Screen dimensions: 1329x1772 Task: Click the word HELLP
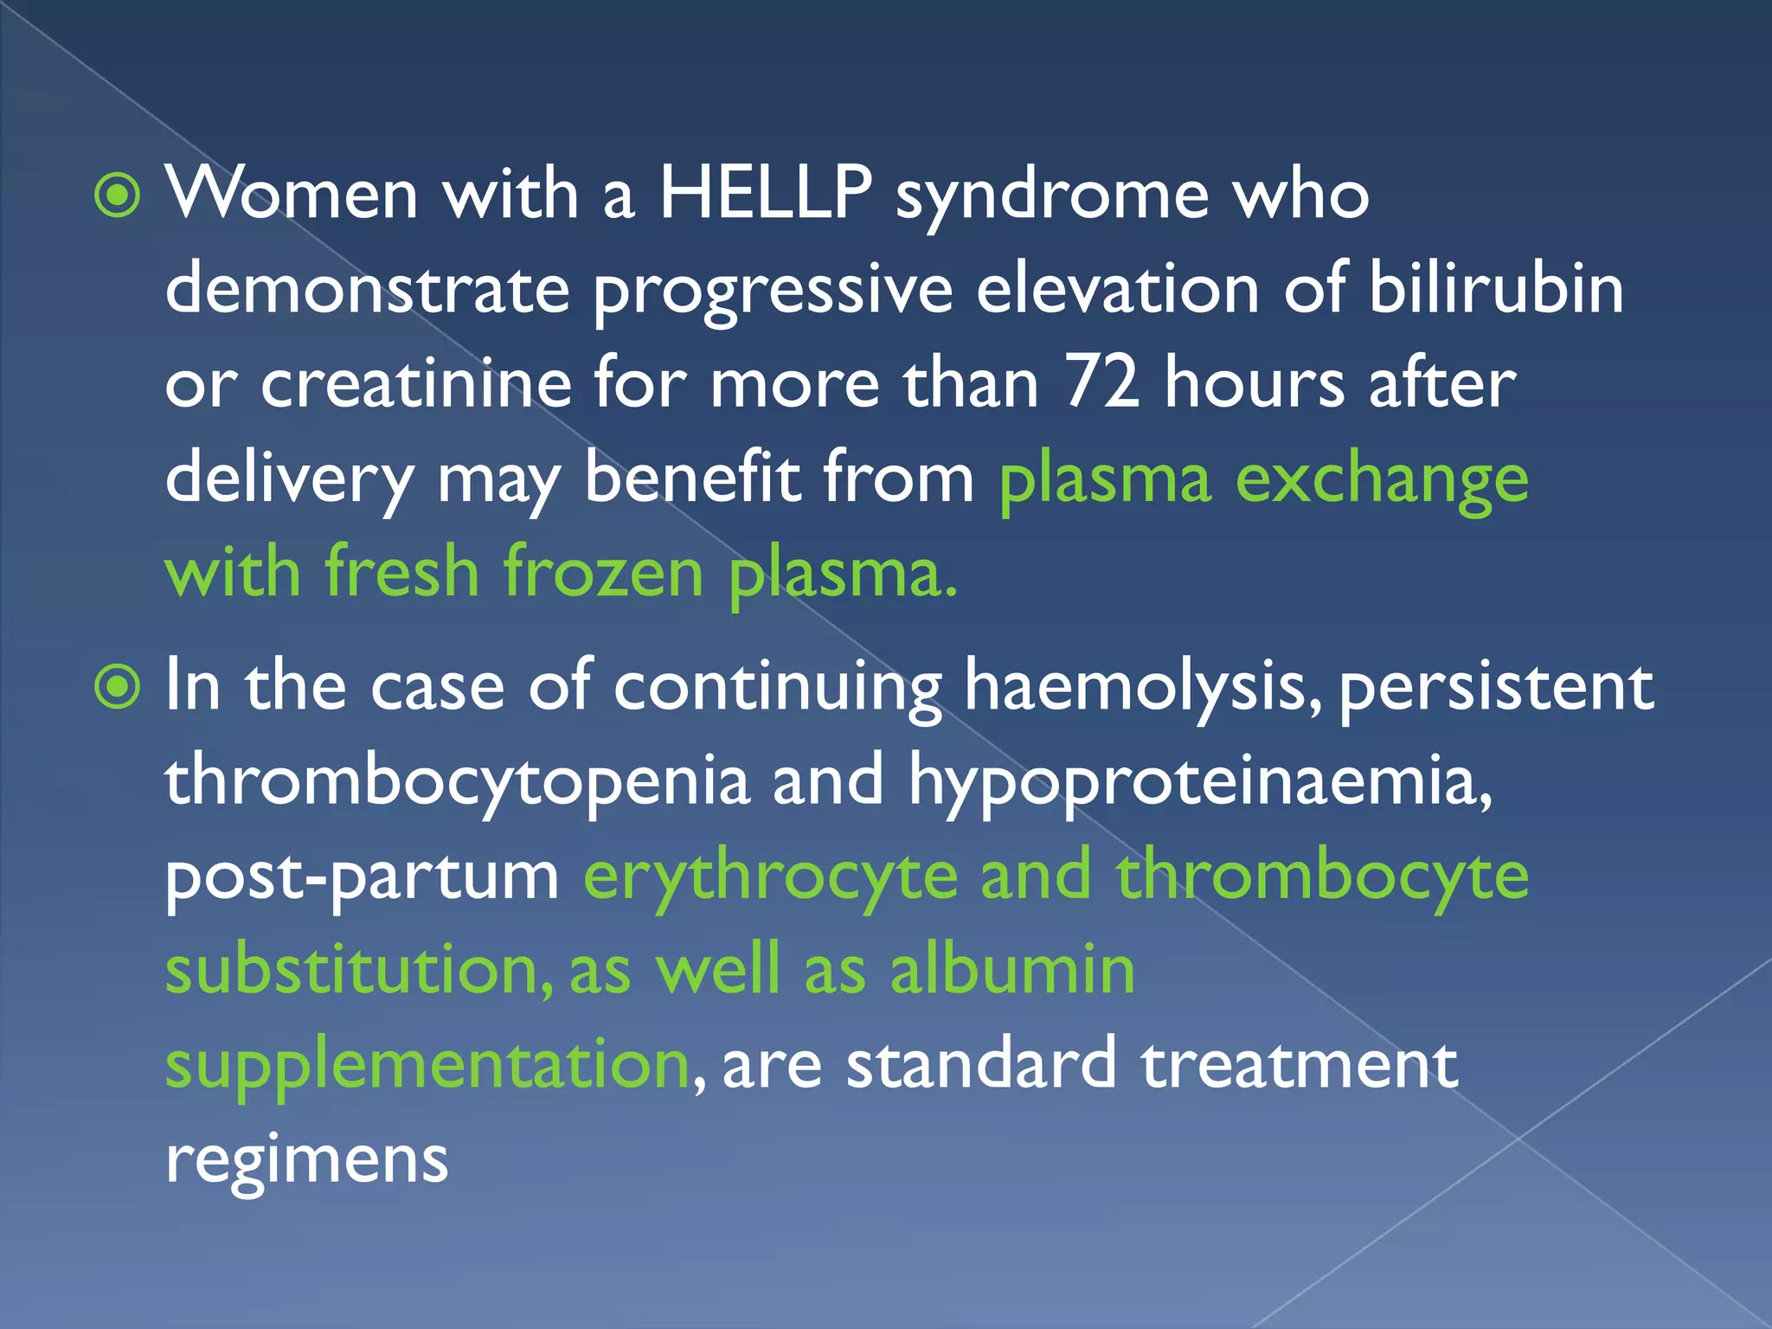pos(765,194)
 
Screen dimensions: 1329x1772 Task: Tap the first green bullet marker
pos(117,196)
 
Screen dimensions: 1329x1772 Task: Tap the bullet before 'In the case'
pos(117,688)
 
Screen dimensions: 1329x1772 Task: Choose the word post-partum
pos(362,876)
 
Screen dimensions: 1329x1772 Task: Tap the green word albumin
pos(1011,970)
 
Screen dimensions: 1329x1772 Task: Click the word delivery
pos(290,478)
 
